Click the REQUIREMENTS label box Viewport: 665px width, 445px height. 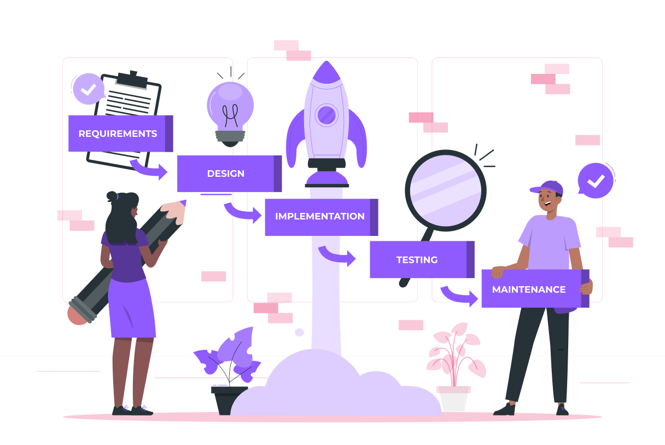[x=118, y=134]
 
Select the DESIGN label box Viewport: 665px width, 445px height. [x=226, y=174]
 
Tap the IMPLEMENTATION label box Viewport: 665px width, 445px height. [x=319, y=217]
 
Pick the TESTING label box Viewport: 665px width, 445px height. [x=417, y=260]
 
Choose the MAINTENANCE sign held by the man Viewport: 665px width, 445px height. [x=529, y=289]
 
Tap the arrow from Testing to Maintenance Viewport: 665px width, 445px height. [x=460, y=296]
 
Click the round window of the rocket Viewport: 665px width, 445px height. [x=326, y=115]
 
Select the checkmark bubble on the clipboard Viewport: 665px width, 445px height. [x=88, y=89]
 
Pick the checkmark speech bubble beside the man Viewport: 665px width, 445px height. [x=596, y=181]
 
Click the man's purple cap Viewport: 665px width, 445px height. [x=548, y=188]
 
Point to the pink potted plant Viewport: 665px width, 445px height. [x=454, y=356]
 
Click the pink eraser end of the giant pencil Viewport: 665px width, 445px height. [x=77, y=315]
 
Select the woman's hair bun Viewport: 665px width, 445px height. [x=112, y=196]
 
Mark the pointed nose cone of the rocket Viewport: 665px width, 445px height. [x=326, y=71]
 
